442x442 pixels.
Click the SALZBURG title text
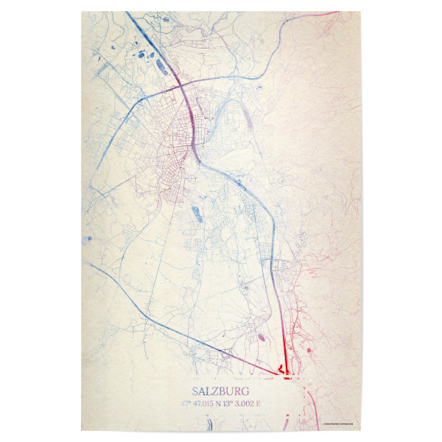point(220,391)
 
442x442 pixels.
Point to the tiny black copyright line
point(338,423)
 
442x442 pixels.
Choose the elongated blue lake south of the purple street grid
point(197,215)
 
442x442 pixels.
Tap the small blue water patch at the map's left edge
point(90,239)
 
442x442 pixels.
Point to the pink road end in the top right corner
point(333,14)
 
